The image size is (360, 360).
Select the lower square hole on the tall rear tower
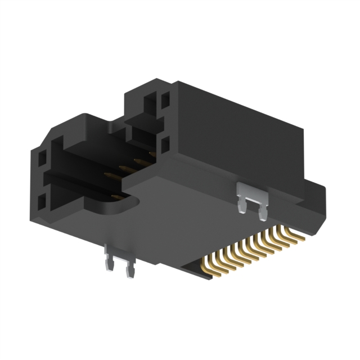click(x=165, y=145)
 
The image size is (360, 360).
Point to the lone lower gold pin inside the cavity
click(x=115, y=196)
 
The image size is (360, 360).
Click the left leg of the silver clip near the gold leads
click(x=242, y=205)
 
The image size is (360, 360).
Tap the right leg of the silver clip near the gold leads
click(x=263, y=211)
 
